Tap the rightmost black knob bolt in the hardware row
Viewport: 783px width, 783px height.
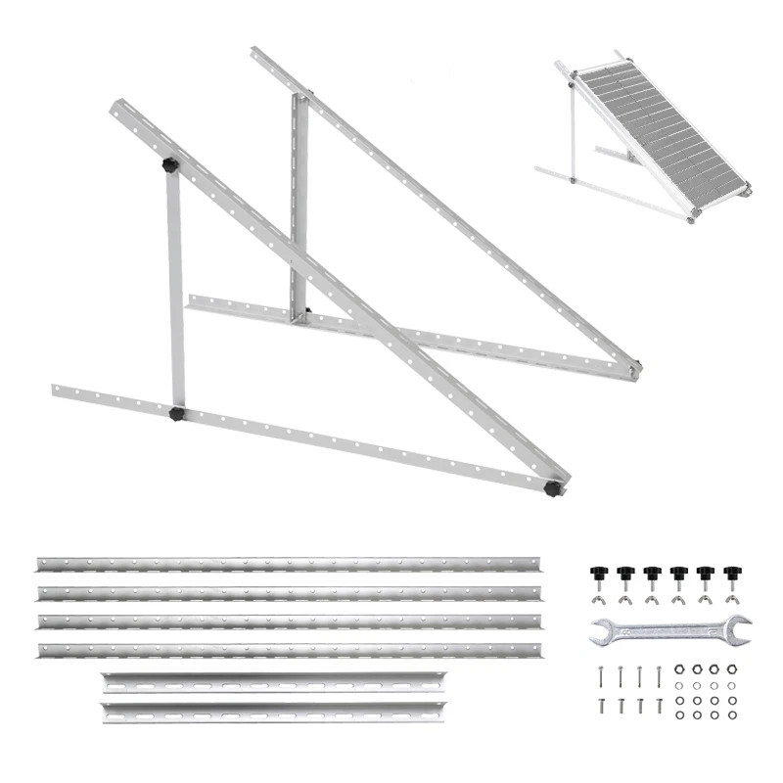pos(730,572)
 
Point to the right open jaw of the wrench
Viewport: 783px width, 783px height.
pos(738,627)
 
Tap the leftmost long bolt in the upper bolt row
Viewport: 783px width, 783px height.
pos(599,674)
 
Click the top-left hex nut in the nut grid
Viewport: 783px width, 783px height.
pos(678,670)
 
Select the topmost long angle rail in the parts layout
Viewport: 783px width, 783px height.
pos(289,565)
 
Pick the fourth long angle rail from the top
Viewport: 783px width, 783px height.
pos(289,650)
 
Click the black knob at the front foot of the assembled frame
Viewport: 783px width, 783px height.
pos(555,486)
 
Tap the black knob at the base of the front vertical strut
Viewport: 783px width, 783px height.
pos(177,414)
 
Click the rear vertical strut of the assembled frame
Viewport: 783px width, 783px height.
pos(299,206)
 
